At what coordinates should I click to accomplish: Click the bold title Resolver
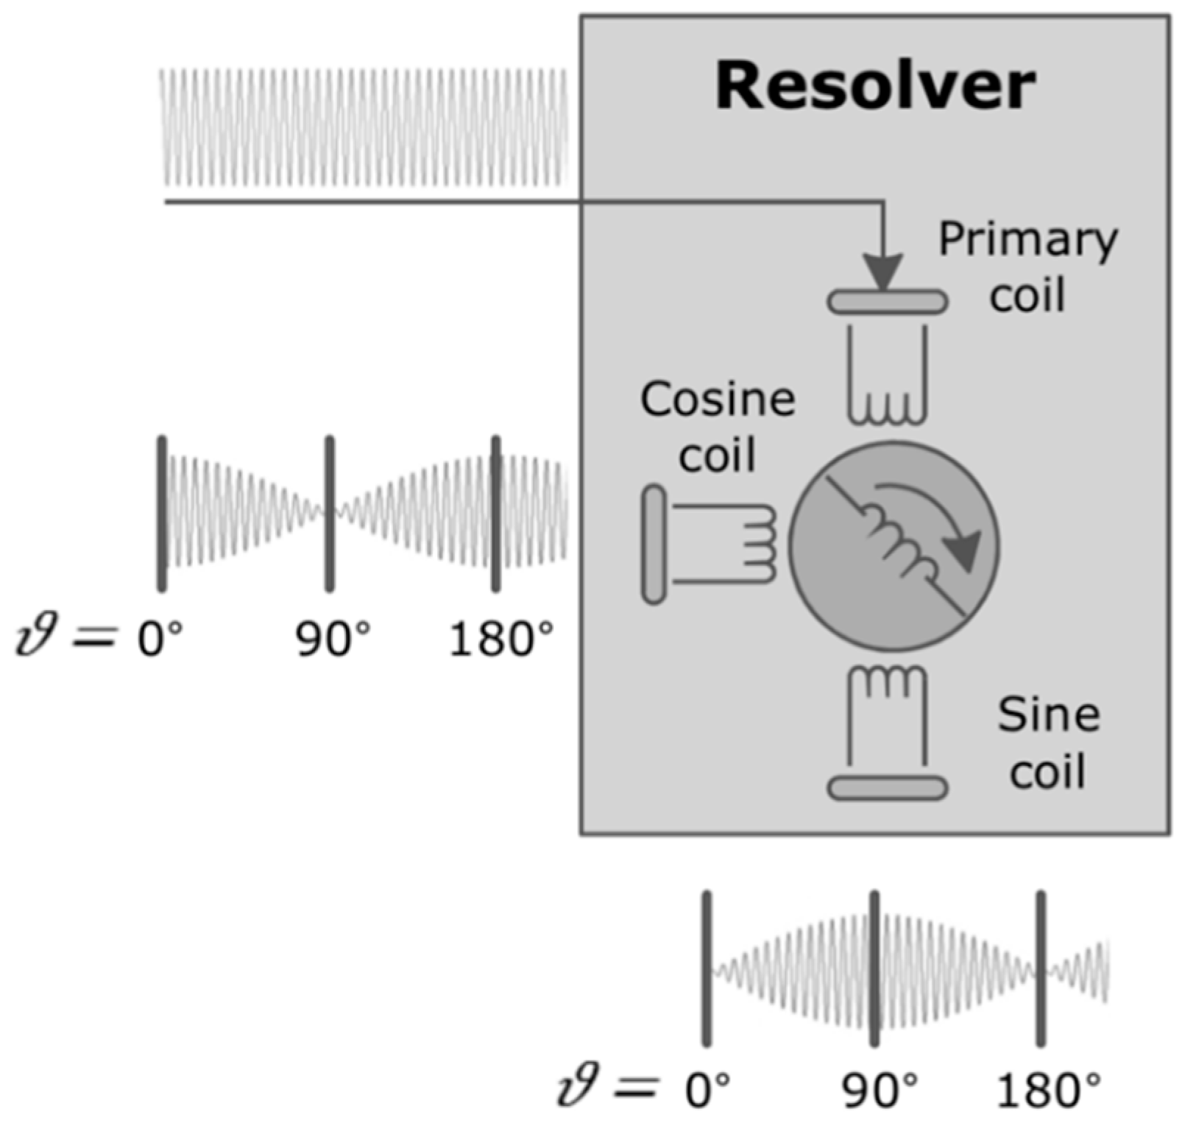(875, 87)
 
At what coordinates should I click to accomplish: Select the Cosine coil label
(718, 427)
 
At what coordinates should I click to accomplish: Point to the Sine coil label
(1048, 743)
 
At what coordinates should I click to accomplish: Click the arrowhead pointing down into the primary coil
(883, 272)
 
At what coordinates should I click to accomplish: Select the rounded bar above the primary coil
(888, 302)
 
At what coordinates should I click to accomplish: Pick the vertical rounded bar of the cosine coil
(654, 545)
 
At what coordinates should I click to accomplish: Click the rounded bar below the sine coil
(888, 787)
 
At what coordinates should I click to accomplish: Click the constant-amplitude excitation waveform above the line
(364, 127)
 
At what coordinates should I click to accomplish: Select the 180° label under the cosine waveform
(500, 639)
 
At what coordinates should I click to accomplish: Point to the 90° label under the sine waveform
(880, 1090)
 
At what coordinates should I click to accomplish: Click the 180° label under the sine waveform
(1049, 1090)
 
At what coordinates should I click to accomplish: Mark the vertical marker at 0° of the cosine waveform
(162, 514)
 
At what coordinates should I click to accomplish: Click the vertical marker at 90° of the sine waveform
(874, 968)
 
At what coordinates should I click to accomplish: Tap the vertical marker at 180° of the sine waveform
(1041, 968)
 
